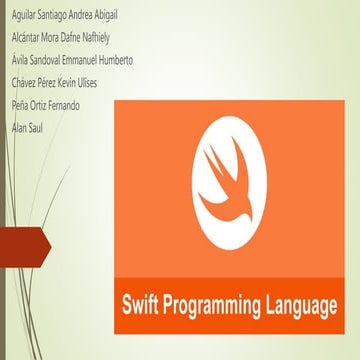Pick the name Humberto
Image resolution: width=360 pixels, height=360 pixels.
click(112, 60)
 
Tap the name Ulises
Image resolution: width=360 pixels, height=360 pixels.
click(87, 81)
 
